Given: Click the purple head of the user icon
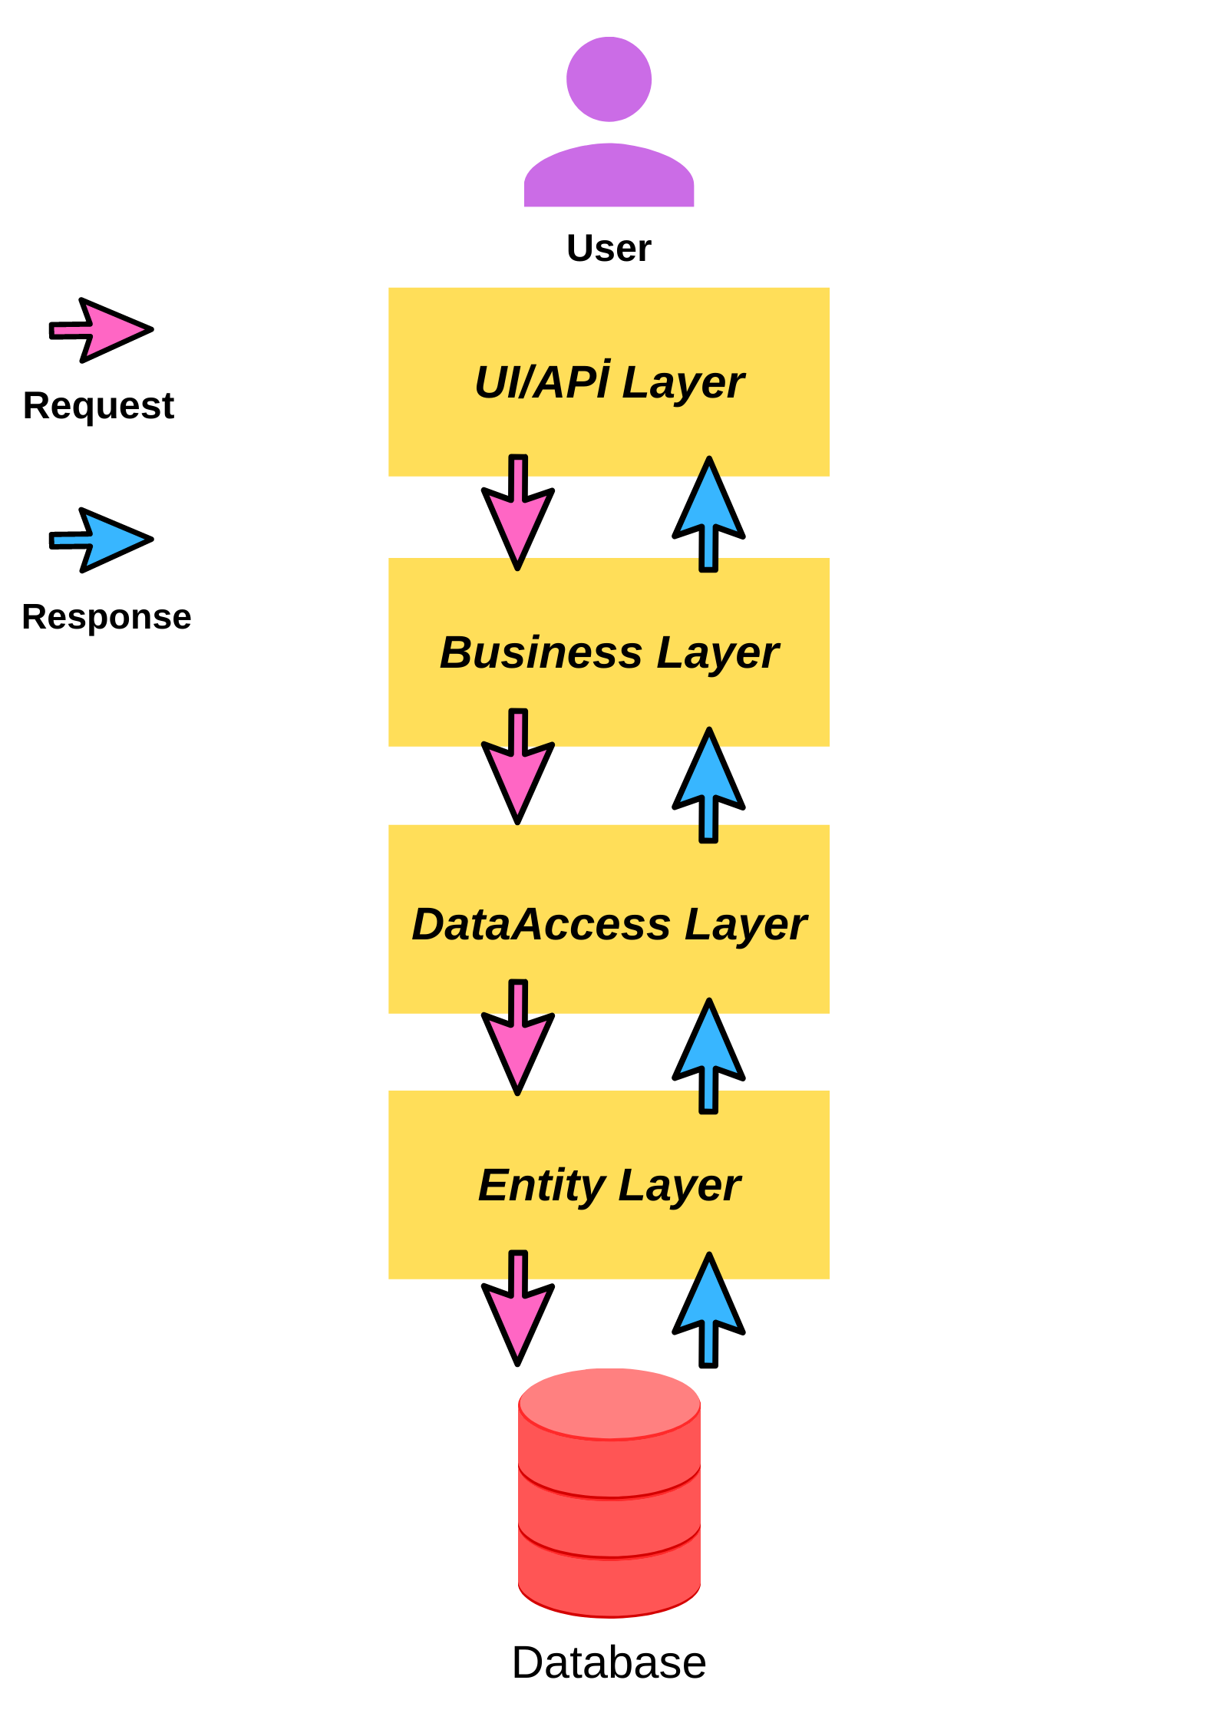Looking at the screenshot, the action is (609, 79).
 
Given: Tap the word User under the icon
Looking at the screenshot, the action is (609, 249).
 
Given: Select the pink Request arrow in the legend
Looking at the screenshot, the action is (101, 330).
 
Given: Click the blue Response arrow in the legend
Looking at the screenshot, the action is (101, 540).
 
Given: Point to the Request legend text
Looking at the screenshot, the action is (98, 406).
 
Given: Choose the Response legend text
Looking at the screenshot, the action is (107, 616).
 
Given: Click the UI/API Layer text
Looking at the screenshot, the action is (609, 381).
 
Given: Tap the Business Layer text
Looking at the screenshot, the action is (609, 653).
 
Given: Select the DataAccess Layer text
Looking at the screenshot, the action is (609, 924).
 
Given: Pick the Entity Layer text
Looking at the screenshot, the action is (609, 1185).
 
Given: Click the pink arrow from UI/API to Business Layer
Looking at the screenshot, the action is (518, 512).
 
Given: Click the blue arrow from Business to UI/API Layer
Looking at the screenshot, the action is (708, 514).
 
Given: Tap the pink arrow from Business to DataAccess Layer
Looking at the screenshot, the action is (518, 767).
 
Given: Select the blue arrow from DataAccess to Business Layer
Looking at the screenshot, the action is (708, 785).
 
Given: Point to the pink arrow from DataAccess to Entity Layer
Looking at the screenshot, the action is (518, 1038).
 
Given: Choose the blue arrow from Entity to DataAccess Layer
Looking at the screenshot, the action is (708, 1055).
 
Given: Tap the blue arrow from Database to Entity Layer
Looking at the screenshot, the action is (708, 1310).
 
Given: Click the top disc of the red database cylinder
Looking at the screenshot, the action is (609, 1404).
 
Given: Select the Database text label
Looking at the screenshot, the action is (609, 1663).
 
